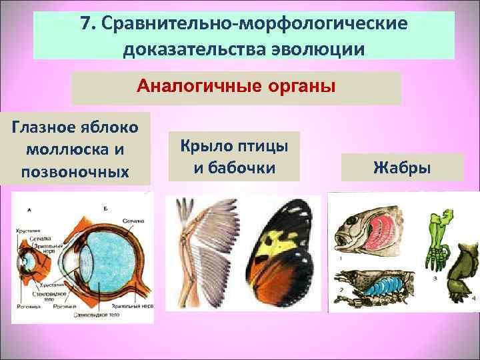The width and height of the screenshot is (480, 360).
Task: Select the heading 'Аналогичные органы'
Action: click(x=236, y=87)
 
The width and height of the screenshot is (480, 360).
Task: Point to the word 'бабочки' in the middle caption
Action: click(x=234, y=167)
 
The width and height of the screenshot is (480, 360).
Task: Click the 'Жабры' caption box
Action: click(x=402, y=167)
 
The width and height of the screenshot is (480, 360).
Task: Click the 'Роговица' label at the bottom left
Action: click(x=25, y=307)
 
